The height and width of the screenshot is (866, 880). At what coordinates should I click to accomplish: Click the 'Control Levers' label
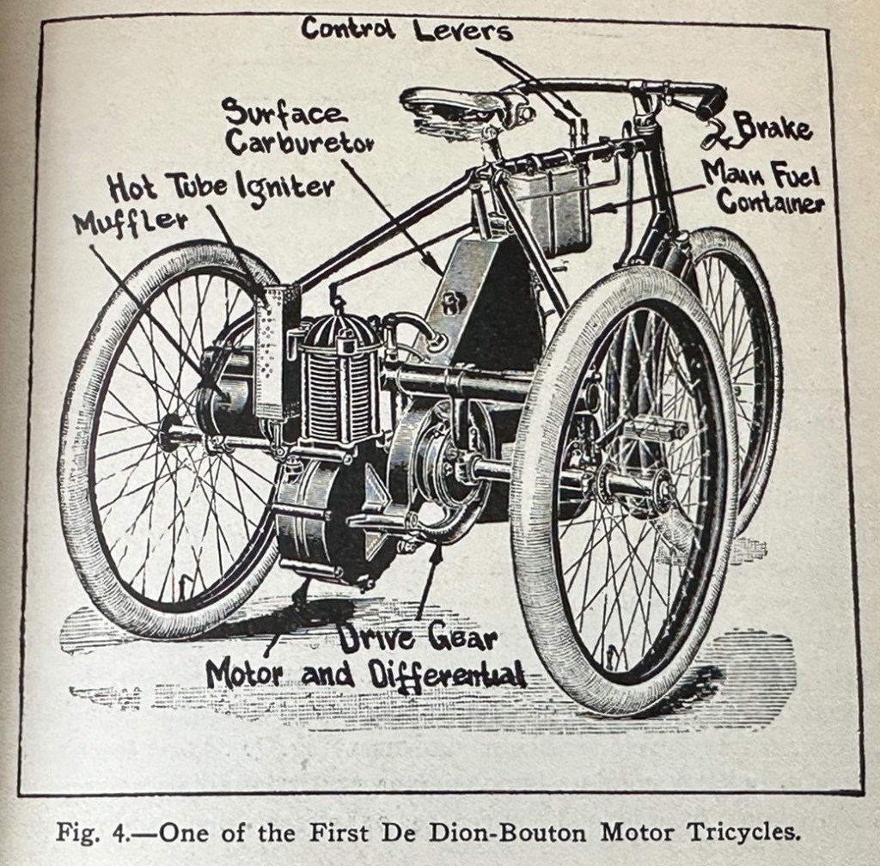(406, 29)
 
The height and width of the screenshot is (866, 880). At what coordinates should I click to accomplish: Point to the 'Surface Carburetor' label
(296, 128)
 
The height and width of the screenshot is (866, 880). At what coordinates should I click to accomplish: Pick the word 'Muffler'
(131, 223)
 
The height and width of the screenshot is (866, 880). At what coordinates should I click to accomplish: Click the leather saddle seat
(455, 107)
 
